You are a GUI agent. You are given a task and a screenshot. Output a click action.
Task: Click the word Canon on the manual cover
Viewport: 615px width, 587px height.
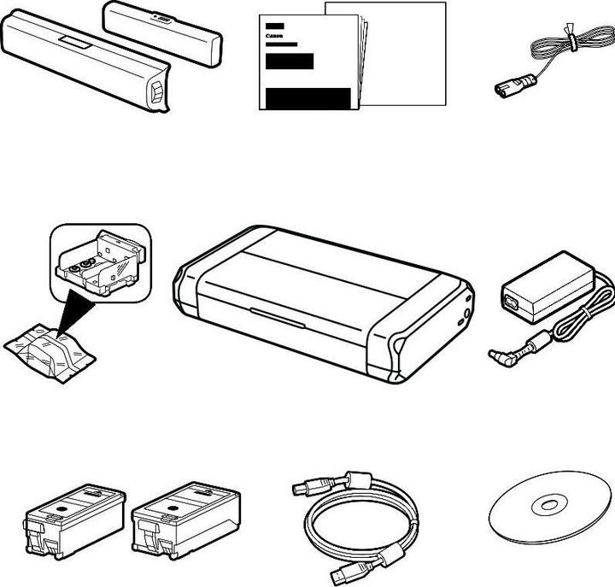pos(274,36)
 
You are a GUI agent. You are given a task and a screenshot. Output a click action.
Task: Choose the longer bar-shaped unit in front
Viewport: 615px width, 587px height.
pos(85,64)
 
